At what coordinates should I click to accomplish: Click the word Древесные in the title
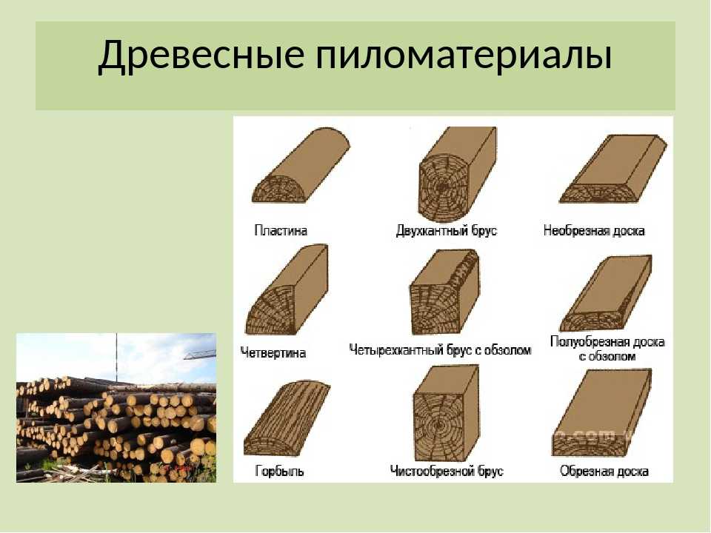pos(201,56)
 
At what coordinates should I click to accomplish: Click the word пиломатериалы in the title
pos(464,56)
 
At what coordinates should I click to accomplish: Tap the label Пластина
pos(281,231)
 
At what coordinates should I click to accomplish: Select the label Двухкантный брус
pos(447,231)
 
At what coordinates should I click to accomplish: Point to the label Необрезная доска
pos(594,231)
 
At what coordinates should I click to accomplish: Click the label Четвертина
pos(273,352)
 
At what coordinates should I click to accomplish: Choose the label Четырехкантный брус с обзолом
pos(440,350)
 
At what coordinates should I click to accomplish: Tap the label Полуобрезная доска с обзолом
pos(607,349)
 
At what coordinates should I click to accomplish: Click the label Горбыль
pos(279,472)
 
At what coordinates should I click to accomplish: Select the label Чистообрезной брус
pos(447,472)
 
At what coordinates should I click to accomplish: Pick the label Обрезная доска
pos(604,472)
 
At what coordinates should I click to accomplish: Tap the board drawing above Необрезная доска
pos(612,169)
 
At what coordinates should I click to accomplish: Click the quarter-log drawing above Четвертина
pos(287,290)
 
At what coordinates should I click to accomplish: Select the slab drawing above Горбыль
pos(287,418)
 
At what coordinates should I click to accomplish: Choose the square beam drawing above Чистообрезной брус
pos(446,414)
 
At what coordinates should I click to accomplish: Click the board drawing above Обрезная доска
pos(601,412)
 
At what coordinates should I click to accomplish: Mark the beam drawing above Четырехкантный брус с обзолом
pos(444,292)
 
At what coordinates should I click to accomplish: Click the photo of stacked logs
pos(116,407)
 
